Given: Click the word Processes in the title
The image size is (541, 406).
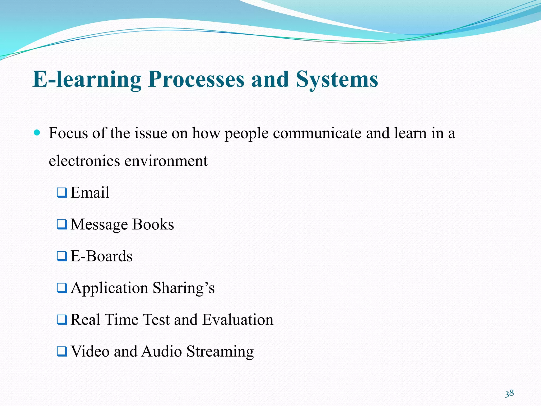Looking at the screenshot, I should (x=196, y=79).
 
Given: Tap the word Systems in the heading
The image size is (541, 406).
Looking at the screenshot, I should (x=337, y=79).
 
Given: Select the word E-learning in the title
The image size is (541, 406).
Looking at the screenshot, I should (x=87, y=79).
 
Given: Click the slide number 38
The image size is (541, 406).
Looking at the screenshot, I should (x=509, y=393).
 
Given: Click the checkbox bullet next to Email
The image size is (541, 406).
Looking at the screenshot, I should (x=62, y=192).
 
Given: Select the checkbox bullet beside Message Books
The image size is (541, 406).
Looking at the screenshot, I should (x=62, y=224).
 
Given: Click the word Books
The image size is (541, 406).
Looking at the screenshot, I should (x=153, y=224).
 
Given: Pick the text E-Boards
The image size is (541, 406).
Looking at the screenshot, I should (x=101, y=256).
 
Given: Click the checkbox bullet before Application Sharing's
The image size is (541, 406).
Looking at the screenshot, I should (x=62, y=288).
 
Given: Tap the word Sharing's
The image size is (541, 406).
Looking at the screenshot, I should (x=184, y=288).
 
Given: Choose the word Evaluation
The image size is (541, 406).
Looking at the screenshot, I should (x=237, y=320).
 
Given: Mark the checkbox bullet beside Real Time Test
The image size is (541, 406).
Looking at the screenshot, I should (x=62, y=320).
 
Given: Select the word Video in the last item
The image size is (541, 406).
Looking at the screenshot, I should (x=90, y=351).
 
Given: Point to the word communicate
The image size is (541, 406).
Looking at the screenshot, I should (x=317, y=133).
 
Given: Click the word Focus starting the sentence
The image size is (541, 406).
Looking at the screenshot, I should (x=68, y=133).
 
